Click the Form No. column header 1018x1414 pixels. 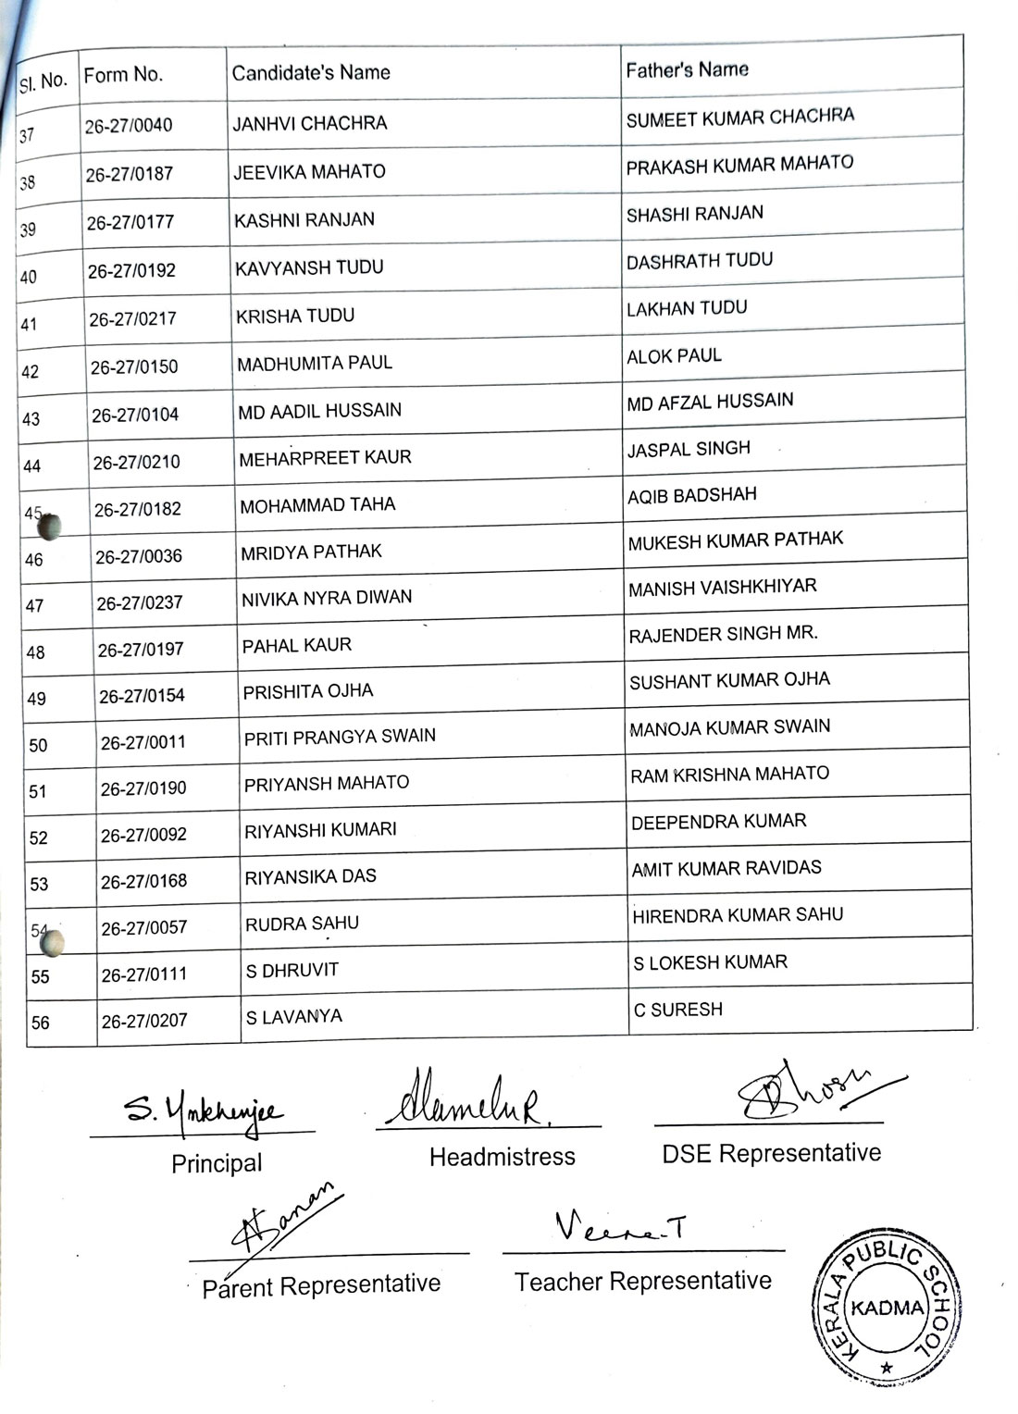coord(123,75)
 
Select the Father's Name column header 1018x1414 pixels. coord(687,69)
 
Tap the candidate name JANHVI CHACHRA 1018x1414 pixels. coord(309,123)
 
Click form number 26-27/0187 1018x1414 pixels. coord(129,174)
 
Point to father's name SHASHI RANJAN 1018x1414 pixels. coord(694,214)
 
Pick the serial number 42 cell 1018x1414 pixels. coord(31,372)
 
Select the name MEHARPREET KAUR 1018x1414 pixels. coord(325,457)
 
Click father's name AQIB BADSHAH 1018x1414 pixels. coord(691,495)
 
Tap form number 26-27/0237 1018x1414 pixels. coord(139,602)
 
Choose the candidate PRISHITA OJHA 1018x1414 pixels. coord(307,691)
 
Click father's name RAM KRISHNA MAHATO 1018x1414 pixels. coord(729,774)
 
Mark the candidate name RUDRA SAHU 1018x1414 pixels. coord(302,924)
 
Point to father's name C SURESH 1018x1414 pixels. coord(677,1010)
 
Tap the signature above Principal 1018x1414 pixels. coord(204,1108)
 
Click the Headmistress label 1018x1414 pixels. coord(502,1157)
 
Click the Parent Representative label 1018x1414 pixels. coord(321,1285)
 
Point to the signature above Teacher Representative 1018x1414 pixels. coord(620,1227)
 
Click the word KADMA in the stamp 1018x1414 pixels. coord(887,1309)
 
